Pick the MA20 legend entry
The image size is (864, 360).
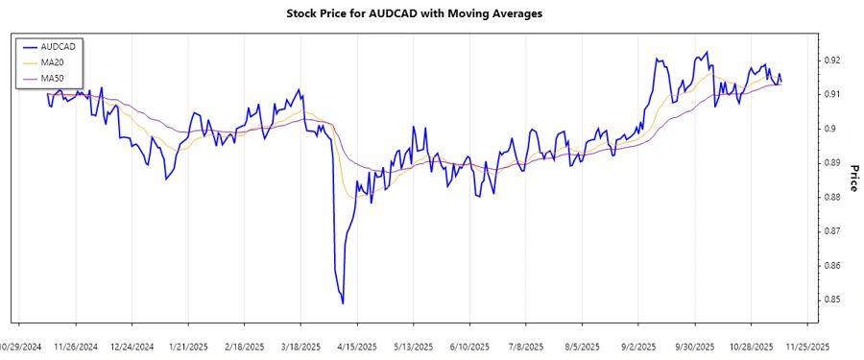pyautogui.click(x=52, y=61)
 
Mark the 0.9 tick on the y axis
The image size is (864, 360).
pyautogui.click(x=827, y=129)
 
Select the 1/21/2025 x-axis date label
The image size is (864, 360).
pyautogui.click(x=187, y=345)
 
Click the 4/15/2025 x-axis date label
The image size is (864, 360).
pyautogui.click(x=355, y=345)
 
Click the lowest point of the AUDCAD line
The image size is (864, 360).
pyautogui.click(x=343, y=303)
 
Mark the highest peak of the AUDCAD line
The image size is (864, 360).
pyautogui.click(x=707, y=52)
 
